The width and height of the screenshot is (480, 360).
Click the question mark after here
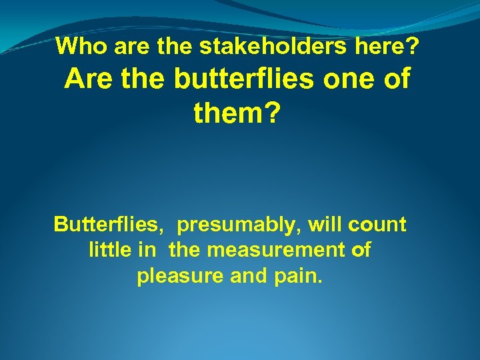click(413, 46)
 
